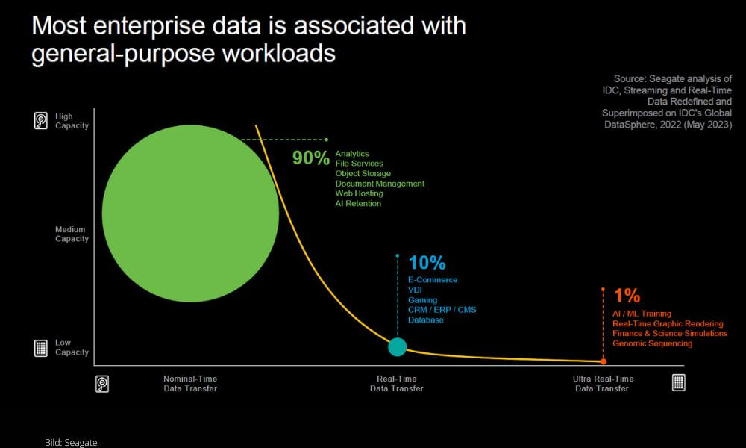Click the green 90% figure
point(310,158)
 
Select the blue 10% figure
point(427,263)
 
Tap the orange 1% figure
point(627,296)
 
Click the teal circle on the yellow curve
point(398,346)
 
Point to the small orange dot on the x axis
point(604,362)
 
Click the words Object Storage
point(363,174)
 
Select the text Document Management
point(380,184)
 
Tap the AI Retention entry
point(358,204)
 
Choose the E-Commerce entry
point(433,280)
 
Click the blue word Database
point(426,320)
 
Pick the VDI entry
point(415,290)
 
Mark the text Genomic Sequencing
point(652,343)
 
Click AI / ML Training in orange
point(642,314)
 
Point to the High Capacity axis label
point(72,121)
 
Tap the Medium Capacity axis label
point(72,234)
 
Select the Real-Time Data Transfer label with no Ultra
point(397,384)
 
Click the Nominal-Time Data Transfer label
point(190,384)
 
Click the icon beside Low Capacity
point(41,348)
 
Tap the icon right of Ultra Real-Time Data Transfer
point(678,382)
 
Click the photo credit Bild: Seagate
point(71,442)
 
